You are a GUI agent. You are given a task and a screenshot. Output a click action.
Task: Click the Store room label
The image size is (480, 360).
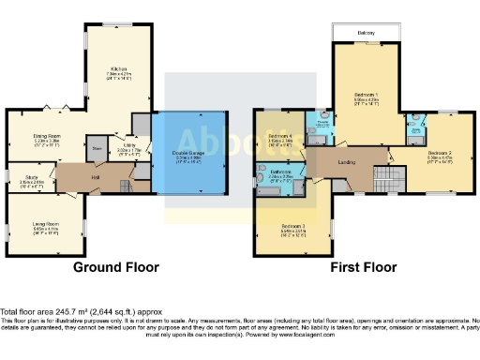[97, 148]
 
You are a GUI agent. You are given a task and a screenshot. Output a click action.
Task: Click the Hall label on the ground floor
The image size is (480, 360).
[95, 175]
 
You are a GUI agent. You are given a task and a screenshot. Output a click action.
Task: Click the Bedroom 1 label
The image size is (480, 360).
[366, 96]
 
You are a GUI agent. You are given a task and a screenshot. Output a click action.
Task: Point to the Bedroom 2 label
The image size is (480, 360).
[440, 152]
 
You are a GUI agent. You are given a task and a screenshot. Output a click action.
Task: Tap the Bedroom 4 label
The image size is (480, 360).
[280, 137]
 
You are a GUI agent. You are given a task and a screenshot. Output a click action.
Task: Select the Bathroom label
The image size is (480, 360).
[280, 172]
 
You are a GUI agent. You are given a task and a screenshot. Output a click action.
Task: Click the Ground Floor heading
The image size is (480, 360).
[116, 267]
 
